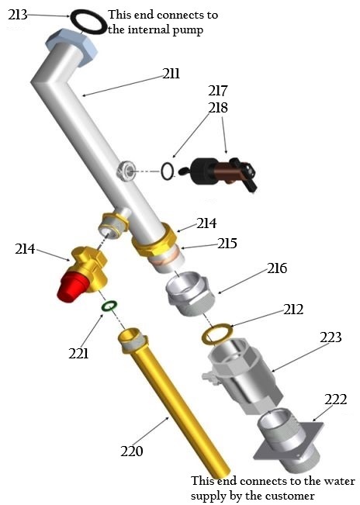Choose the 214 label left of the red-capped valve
26,249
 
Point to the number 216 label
276,269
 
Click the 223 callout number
331,337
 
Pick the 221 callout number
78,354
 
